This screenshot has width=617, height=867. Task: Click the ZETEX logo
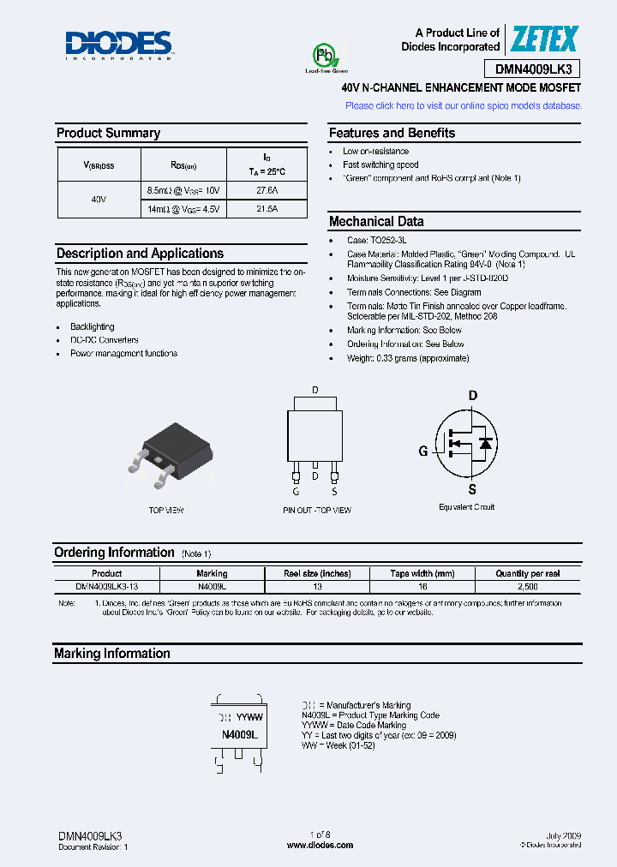545,39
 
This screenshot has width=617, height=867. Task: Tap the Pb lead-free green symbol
325,57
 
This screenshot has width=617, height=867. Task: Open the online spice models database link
463,105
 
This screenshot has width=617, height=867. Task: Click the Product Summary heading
108,133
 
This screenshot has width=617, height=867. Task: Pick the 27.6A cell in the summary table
267,189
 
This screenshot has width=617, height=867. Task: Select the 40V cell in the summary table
99,199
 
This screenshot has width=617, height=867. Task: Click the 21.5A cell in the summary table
267,208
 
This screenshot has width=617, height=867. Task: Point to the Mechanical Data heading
376,221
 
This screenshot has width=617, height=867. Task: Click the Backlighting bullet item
92,326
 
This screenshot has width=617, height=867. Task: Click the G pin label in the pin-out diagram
296,492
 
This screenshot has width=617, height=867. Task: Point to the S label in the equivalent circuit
472,490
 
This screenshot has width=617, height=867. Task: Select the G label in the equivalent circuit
422,451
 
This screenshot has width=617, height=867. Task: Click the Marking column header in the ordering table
212,573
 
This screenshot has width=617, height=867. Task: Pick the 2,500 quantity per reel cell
528,586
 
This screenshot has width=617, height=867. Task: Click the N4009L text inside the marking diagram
240,735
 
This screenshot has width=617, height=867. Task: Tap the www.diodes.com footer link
320,845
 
